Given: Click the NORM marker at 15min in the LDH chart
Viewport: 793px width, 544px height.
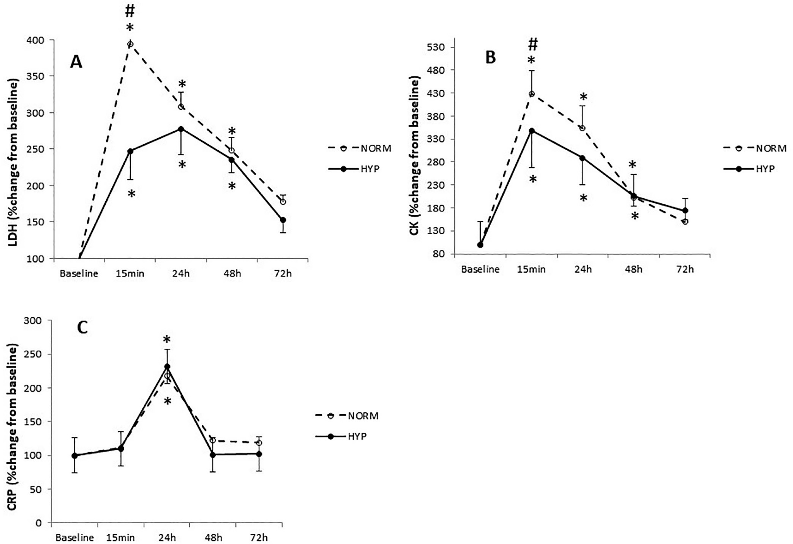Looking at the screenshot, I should coord(130,44).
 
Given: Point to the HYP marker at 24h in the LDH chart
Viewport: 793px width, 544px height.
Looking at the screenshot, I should coord(181,129).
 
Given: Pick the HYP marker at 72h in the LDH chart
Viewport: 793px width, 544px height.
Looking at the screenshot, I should coord(283,220).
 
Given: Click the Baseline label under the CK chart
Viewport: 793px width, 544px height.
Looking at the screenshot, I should coord(480,269).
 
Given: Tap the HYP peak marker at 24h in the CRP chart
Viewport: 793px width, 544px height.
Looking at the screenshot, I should coord(167,366).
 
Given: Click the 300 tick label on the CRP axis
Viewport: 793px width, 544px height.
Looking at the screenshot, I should coord(33,321).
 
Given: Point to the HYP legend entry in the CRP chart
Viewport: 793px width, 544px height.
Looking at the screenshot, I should coord(347,436).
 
